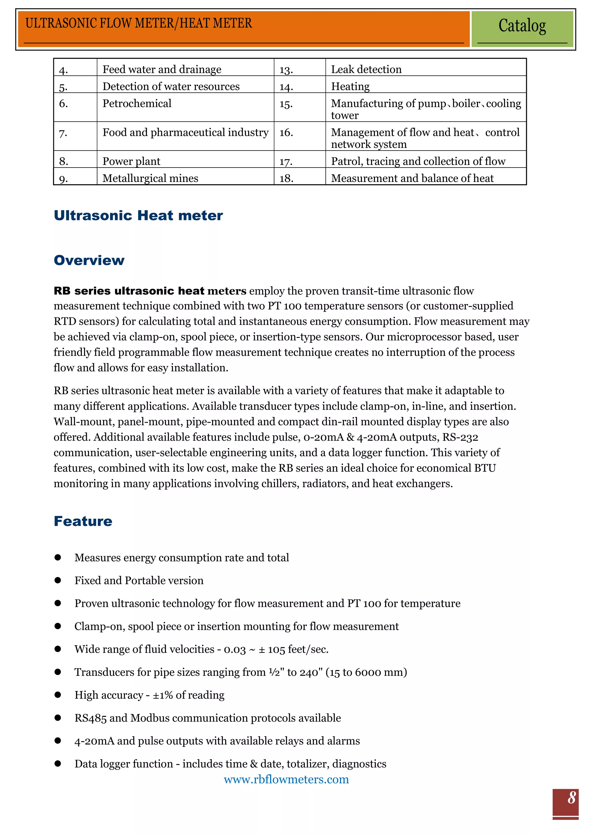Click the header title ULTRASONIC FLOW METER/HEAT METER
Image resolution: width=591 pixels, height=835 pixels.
[139, 23]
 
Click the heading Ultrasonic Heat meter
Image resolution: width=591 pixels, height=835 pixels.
[138, 215]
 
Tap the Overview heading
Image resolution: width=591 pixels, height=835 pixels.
[89, 260]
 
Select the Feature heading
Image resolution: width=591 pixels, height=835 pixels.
[83, 521]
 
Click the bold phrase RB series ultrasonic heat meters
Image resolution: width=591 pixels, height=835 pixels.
[150, 291]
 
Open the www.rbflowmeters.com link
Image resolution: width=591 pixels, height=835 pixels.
[286, 779]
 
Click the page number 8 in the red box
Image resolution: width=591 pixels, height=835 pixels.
[571, 798]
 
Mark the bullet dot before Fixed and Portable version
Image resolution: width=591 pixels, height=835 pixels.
[57, 580]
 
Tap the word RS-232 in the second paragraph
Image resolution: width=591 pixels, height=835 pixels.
[460, 437]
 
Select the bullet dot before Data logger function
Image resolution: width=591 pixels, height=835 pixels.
[57, 763]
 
